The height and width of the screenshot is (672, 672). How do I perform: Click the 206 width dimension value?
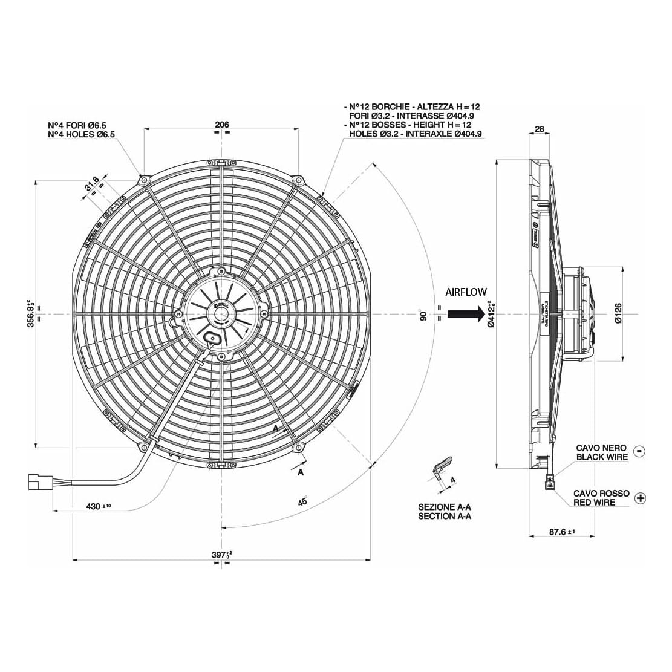click(222, 125)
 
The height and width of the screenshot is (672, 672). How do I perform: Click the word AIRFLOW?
click(466, 292)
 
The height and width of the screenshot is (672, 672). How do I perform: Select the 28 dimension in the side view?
click(540, 129)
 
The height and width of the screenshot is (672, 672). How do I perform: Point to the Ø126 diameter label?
click(618, 313)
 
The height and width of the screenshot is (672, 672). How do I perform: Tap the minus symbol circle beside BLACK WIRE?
click(640, 451)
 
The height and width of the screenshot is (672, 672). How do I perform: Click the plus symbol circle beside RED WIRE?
click(641, 498)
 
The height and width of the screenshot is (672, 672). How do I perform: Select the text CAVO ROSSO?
click(601, 494)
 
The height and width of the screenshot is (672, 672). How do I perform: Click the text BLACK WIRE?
click(602, 457)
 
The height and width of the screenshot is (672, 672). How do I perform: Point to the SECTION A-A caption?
click(445, 516)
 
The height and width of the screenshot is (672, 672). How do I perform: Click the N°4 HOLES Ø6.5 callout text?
click(82, 134)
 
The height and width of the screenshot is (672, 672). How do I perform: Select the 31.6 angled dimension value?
click(92, 185)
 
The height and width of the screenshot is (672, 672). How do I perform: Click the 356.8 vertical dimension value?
click(30, 313)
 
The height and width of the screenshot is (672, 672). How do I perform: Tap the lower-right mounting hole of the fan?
click(299, 448)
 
